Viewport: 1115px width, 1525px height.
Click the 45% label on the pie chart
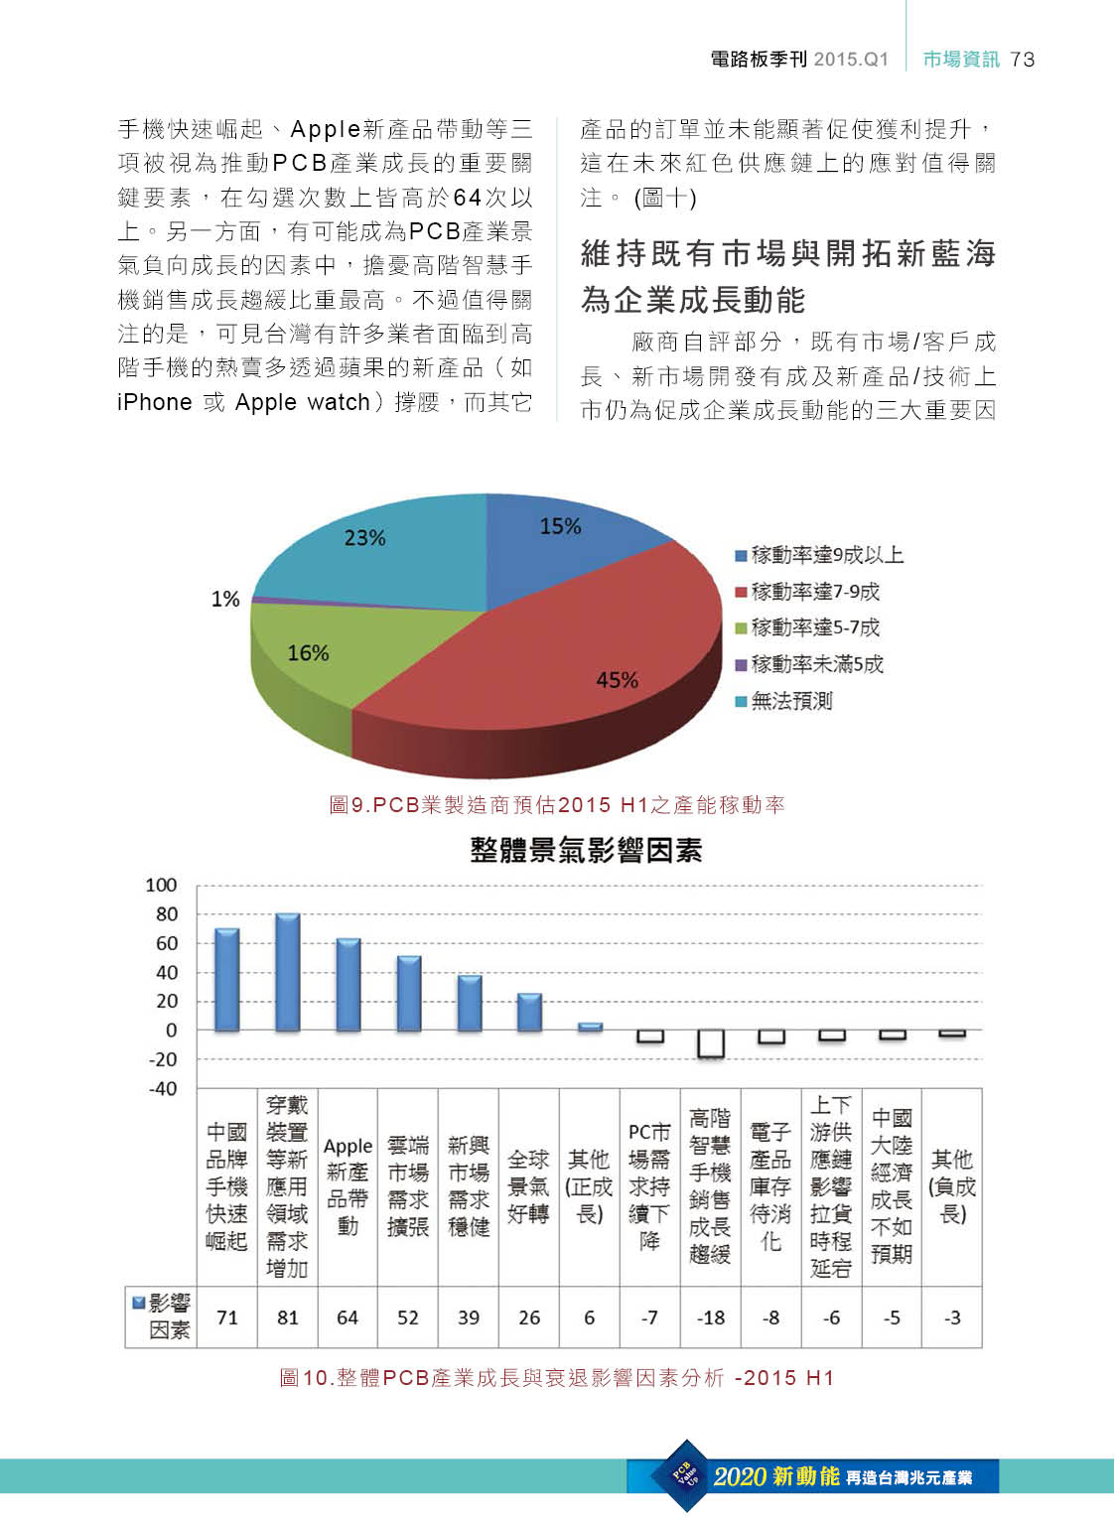point(617,680)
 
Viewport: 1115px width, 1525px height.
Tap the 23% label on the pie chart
point(364,538)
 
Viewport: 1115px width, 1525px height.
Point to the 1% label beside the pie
point(225,599)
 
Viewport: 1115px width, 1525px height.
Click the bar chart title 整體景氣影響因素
point(586,850)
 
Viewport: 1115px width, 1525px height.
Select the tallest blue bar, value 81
point(288,972)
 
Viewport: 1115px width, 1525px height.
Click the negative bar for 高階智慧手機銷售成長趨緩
point(710,1043)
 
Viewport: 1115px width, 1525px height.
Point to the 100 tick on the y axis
point(161,885)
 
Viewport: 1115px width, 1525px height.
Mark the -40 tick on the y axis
point(162,1088)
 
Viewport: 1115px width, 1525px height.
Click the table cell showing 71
point(227,1317)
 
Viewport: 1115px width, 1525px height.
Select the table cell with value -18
point(711,1317)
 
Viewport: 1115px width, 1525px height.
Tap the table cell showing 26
point(529,1317)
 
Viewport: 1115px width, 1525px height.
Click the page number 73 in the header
point(1023,60)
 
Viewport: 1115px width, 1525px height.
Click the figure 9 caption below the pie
point(557,804)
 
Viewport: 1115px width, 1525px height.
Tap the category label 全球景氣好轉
point(528,1186)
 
